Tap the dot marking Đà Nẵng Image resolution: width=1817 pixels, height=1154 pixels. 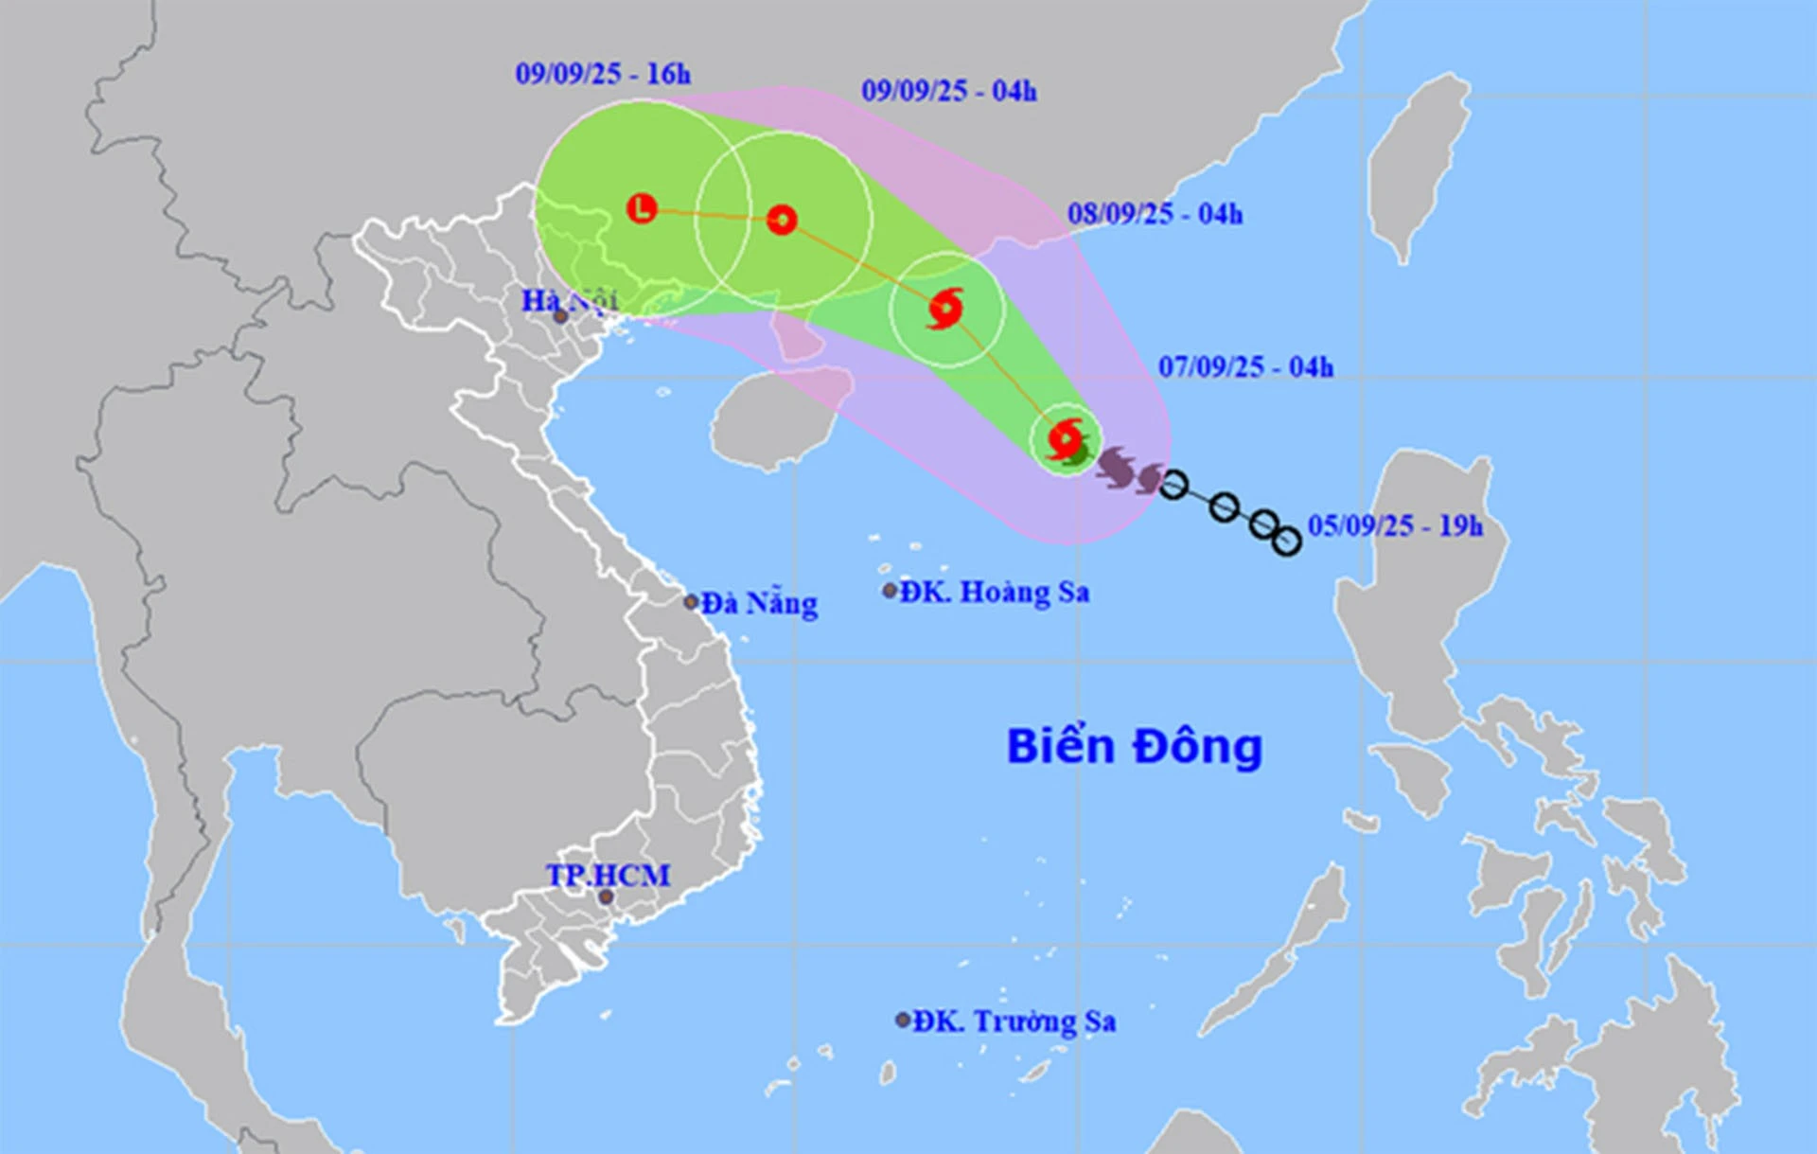point(691,602)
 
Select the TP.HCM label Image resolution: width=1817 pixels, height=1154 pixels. point(608,875)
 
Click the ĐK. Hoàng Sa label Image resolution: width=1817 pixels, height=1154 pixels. point(994,592)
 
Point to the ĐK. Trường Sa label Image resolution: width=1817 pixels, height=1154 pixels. point(1014,1021)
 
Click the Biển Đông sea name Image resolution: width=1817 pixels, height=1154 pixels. point(1134,747)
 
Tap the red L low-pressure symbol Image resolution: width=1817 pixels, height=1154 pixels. point(643,208)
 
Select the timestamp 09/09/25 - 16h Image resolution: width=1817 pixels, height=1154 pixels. point(603,74)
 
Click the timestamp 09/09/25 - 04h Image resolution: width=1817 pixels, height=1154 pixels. point(948,91)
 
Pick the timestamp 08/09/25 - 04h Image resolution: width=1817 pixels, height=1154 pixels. point(1155,214)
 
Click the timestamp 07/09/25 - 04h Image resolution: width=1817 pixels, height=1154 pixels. point(1245,367)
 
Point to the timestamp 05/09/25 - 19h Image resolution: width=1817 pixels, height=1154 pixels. point(1395,526)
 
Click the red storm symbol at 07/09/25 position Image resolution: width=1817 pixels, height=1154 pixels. point(1067,438)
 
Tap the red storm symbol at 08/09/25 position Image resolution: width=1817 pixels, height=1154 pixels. point(945,309)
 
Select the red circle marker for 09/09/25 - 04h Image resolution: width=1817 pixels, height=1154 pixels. point(782,220)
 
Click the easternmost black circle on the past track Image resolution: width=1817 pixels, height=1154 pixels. point(1286,541)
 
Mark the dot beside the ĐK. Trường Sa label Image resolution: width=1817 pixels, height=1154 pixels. point(903,1020)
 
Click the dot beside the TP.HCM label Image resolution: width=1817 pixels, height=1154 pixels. point(606,897)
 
